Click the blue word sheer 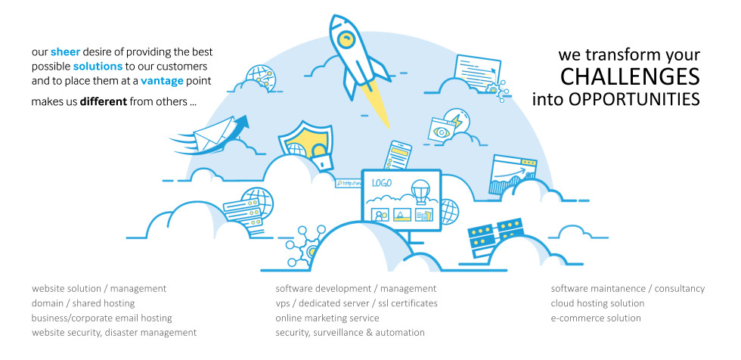pos(65,52)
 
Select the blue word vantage pos(162,81)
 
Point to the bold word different pos(104,101)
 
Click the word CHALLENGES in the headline pos(630,76)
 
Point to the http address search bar pos(348,183)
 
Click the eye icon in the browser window pos(442,132)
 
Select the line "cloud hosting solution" pos(597,303)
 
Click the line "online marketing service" pos(327,318)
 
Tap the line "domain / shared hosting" pos(83,303)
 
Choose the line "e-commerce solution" pos(596,318)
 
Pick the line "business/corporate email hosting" pos(102,318)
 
